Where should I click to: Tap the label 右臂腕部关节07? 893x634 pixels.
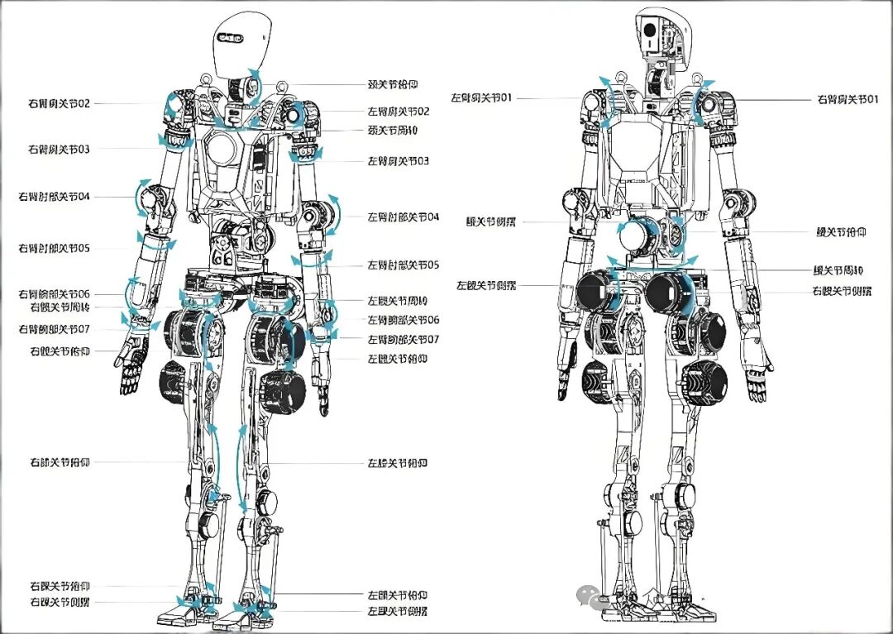pyautogui.click(x=59, y=329)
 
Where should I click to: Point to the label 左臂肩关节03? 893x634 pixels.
pyautogui.click(x=399, y=160)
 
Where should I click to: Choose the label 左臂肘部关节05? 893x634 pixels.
pyautogui.click(x=404, y=265)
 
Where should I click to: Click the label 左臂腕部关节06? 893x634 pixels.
pyautogui.click(x=404, y=320)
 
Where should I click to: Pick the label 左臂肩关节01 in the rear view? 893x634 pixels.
pyautogui.click(x=482, y=98)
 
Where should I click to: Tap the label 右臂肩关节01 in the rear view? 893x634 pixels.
pyautogui.click(x=846, y=99)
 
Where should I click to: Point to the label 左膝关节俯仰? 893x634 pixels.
pyautogui.click(x=398, y=463)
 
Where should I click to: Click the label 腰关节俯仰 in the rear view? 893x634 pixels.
pyautogui.click(x=841, y=234)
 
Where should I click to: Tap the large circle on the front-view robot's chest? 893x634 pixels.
pyautogui.click(x=222, y=150)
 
